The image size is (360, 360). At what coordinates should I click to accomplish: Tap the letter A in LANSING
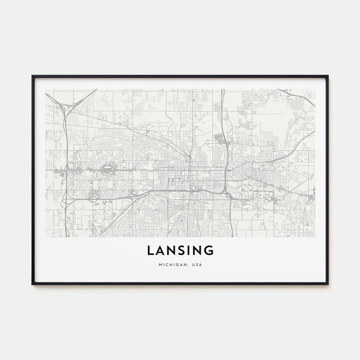[x=161, y=250]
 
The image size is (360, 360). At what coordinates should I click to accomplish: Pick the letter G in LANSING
[x=209, y=250]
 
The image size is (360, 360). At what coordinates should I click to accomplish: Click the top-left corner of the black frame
[x=32, y=76]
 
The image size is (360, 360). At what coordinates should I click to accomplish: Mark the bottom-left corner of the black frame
[x=32, y=284]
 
